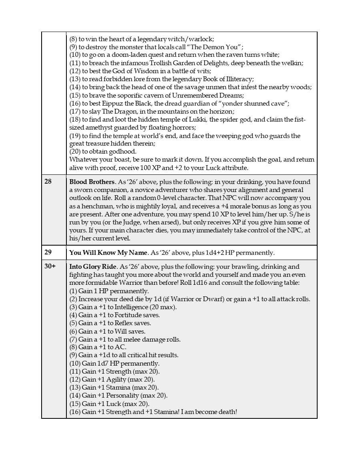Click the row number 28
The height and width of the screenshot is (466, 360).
click(48, 182)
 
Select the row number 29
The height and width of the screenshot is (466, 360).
click(48, 253)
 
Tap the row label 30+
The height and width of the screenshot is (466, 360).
click(50, 267)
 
